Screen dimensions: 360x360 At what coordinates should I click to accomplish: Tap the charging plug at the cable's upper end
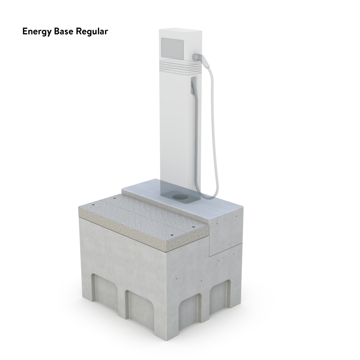pos(199,58)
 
